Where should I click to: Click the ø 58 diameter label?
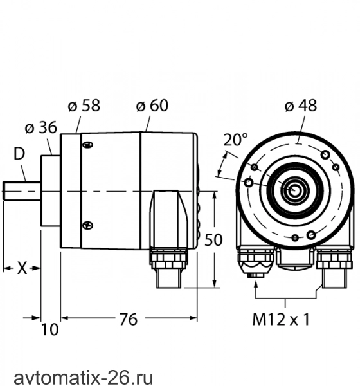pyautogui.click(x=84, y=106)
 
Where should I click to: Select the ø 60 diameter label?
pyautogui.click(x=152, y=106)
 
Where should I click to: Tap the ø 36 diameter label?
pyautogui.click(x=41, y=127)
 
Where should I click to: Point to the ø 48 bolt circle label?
pyautogui.click(x=301, y=106)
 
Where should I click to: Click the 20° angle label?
pyautogui.click(x=235, y=140)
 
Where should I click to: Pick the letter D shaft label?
pyautogui.click(x=19, y=154)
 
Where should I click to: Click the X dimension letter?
pyautogui.click(x=22, y=268)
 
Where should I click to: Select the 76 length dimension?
pyautogui.click(x=129, y=319)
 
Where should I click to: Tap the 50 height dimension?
pyautogui.click(x=213, y=240)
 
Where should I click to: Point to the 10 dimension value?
pyautogui.click(x=50, y=329)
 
